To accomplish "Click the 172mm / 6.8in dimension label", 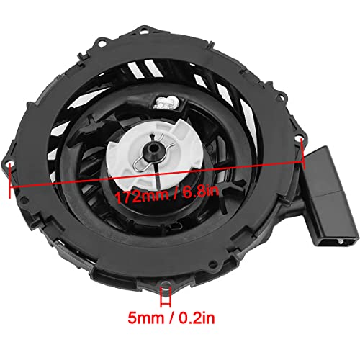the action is [x=166, y=194].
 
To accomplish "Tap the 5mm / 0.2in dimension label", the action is [x=171, y=318].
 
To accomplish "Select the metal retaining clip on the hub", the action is [x=153, y=153].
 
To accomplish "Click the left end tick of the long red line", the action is [x=9, y=181].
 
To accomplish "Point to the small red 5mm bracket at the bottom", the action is [x=166, y=297].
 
